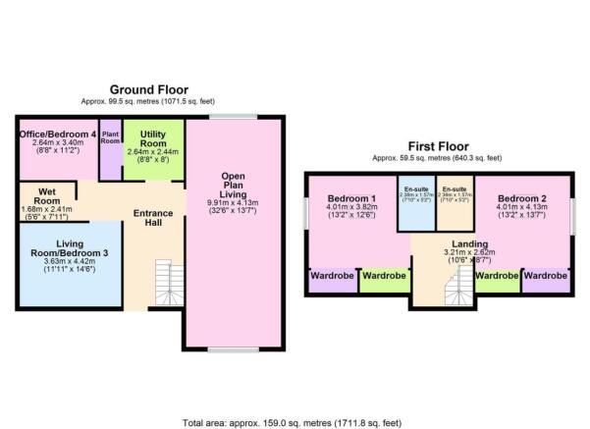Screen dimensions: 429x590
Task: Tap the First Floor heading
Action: click(x=437, y=145)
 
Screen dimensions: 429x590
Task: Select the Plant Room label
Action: click(x=110, y=136)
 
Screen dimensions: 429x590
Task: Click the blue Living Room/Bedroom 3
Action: click(x=69, y=260)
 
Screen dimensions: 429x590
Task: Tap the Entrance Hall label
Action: click(x=153, y=218)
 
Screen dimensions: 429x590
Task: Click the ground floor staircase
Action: click(x=169, y=280)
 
